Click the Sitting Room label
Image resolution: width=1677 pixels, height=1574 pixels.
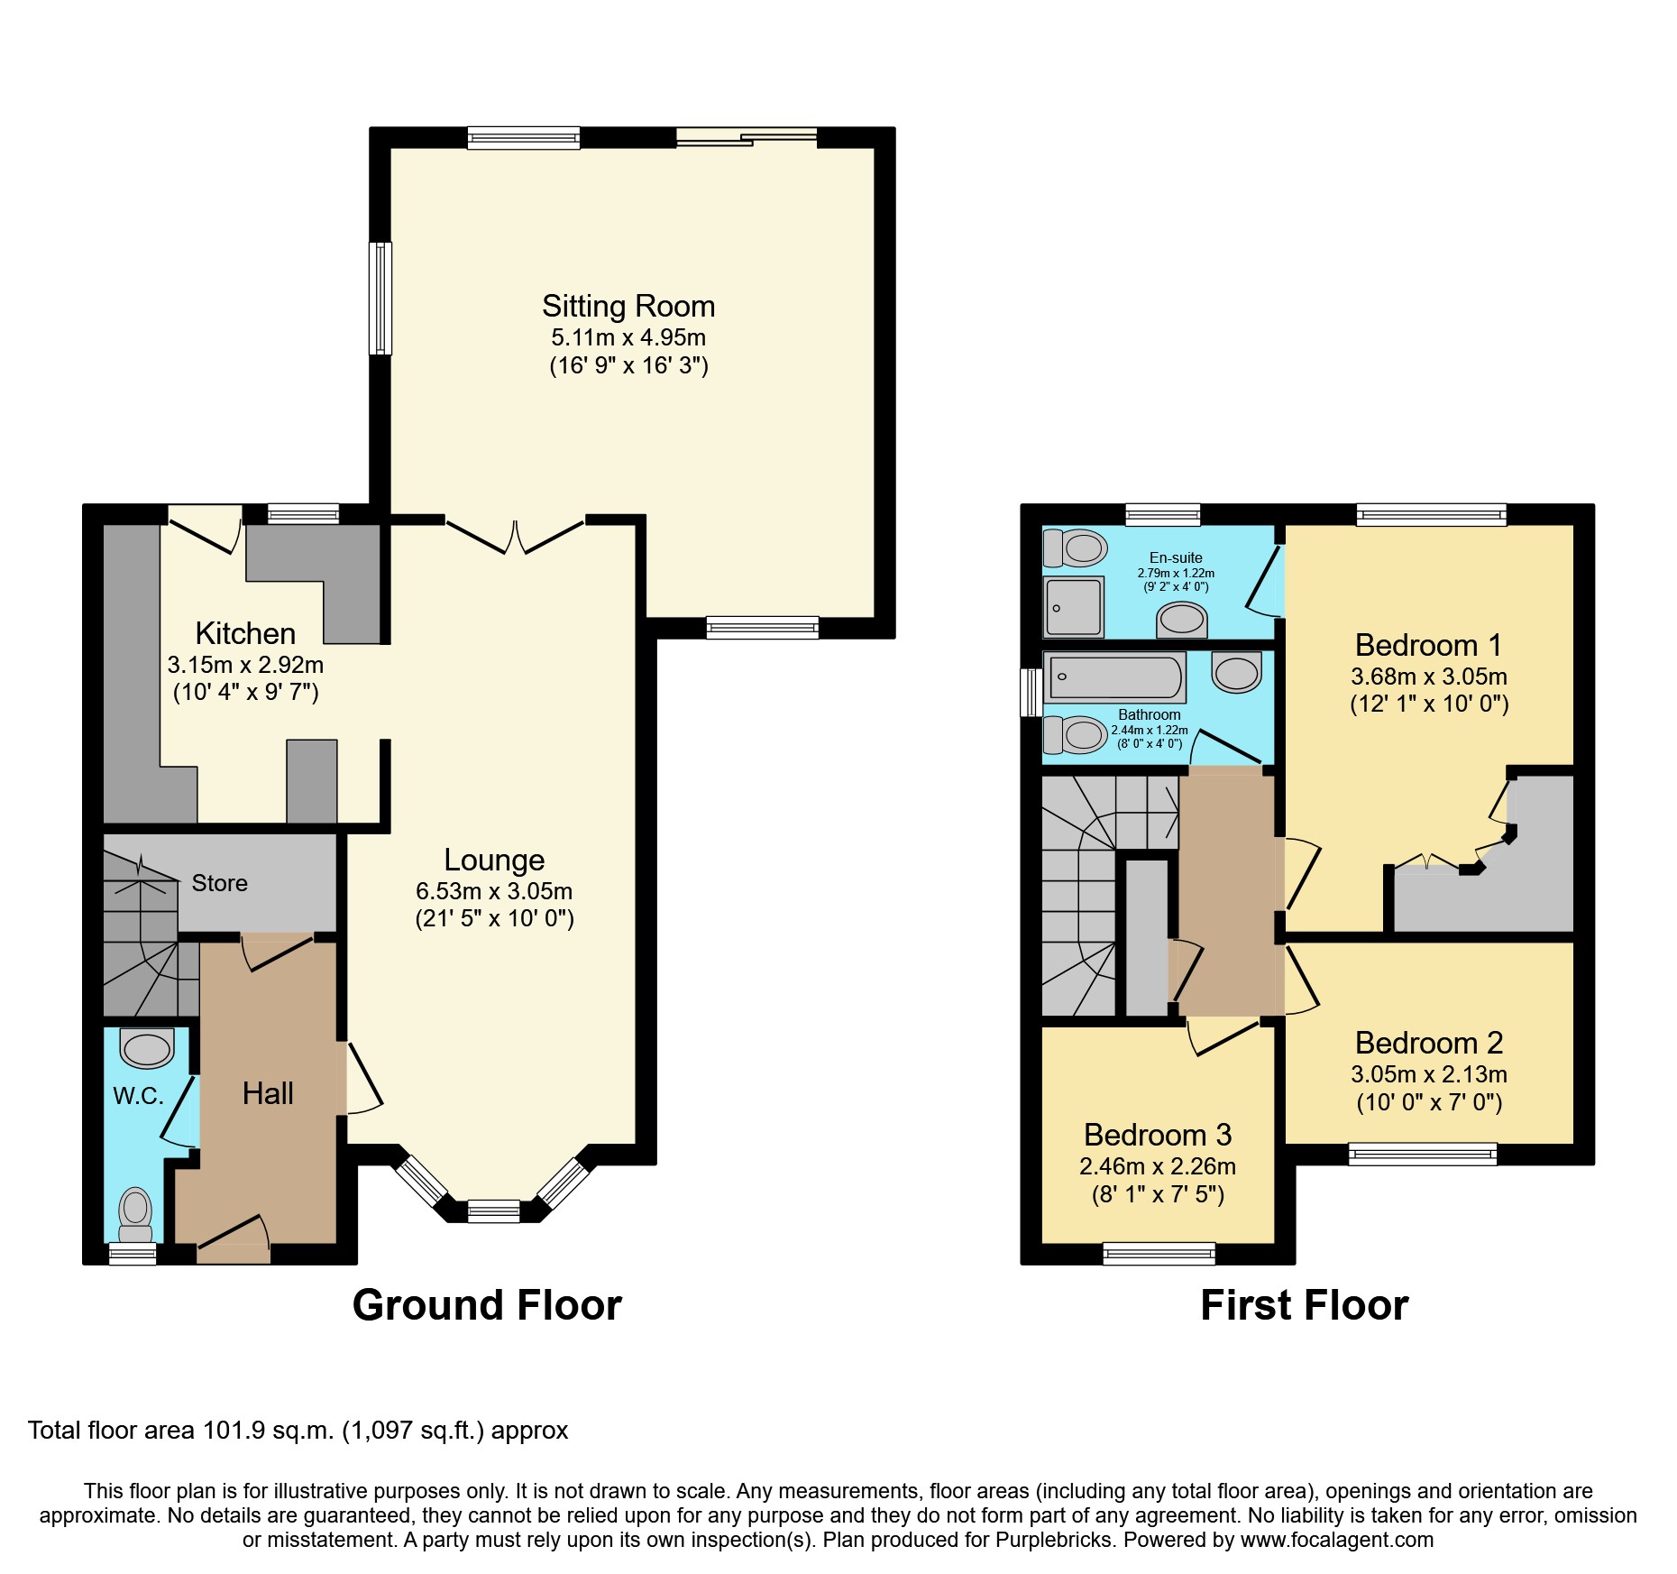[x=628, y=307]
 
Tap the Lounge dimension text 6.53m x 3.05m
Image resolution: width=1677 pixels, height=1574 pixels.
[x=494, y=891]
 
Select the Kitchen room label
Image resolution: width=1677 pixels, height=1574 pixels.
[x=245, y=633]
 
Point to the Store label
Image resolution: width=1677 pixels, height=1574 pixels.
[x=219, y=883]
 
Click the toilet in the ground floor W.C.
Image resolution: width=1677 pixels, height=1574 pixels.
[x=136, y=1212]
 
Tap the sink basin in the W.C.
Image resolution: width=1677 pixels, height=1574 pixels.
[x=147, y=1049]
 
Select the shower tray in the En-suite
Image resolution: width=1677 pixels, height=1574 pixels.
[x=1074, y=607]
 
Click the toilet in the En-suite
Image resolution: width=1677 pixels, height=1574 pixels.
[x=1076, y=547]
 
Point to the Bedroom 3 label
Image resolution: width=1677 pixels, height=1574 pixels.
[x=1158, y=1135]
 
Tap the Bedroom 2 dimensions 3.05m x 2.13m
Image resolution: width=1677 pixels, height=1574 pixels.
[x=1429, y=1074]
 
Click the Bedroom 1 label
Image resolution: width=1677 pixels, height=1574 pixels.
[x=1429, y=646]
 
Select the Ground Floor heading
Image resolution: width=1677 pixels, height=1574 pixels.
[x=487, y=1305]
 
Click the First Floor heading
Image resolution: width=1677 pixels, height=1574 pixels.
[x=1304, y=1305]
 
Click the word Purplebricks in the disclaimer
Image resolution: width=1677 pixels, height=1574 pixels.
[x=1055, y=1540]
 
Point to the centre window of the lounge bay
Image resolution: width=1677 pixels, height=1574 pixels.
[x=494, y=1210]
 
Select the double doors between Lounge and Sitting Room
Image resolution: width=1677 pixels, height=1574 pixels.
[x=515, y=536]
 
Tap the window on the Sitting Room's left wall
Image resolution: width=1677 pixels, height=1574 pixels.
[x=381, y=298]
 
